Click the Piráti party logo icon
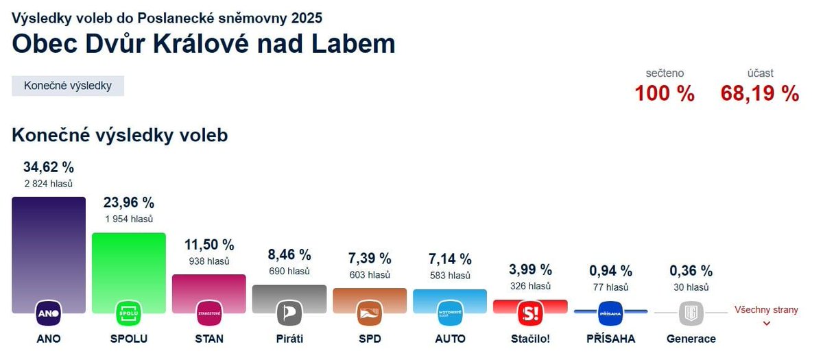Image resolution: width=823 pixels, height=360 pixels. point(289,313)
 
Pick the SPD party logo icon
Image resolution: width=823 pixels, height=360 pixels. point(370,313)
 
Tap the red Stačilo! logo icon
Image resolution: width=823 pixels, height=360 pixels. point(530,313)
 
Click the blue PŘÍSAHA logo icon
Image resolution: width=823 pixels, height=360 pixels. point(610,313)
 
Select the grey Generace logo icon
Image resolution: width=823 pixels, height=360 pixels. point(691,313)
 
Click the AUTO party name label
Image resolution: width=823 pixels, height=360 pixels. point(450,339)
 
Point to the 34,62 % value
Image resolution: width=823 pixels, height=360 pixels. point(49,167)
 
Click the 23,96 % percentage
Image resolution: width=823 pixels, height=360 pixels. point(129,203)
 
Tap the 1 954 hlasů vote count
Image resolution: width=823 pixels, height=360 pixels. point(129,219)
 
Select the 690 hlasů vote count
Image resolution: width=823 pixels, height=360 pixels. point(289,271)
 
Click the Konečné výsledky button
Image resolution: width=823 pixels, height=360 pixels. point(68,86)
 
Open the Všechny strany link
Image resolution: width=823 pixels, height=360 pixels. point(766,311)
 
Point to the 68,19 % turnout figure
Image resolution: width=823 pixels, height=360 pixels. point(760,93)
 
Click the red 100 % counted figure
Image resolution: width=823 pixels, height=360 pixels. point(664,93)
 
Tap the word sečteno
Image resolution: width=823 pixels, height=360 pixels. point(665,73)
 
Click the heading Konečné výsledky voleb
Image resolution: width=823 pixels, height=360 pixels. point(119,135)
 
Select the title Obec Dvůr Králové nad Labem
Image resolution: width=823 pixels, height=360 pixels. point(204,44)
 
